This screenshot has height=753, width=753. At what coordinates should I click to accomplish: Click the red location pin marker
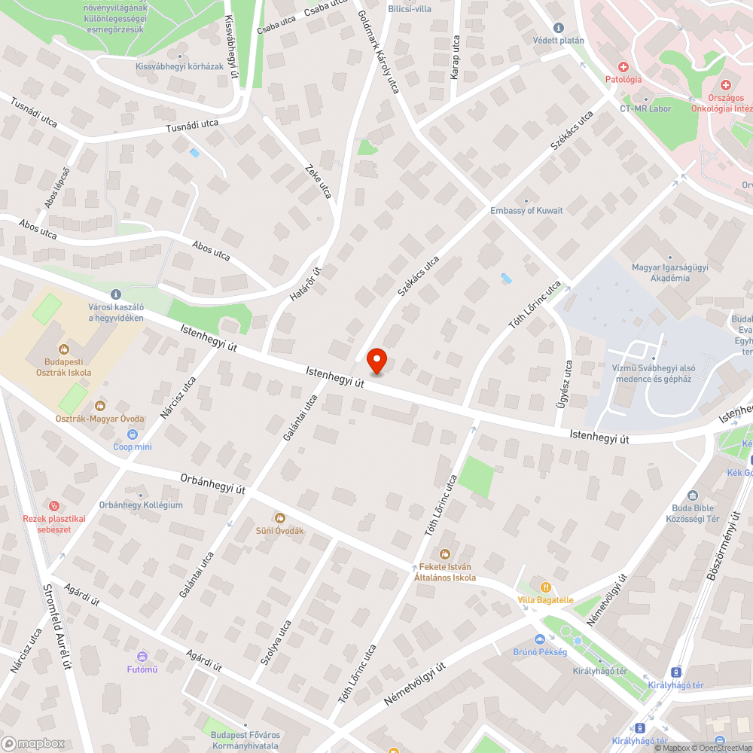[376, 361]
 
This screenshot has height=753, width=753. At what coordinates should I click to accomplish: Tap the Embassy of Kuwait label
[526, 210]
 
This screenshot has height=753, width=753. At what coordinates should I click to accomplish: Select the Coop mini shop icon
[133, 434]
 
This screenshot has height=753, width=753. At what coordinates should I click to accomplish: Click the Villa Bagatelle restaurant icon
[546, 587]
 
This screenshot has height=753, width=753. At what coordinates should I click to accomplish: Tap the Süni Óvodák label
[279, 530]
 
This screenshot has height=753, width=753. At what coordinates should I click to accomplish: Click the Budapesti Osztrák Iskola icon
[63, 349]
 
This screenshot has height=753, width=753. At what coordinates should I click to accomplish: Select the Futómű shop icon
[142, 657]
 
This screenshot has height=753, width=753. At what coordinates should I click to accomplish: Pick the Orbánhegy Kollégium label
[141, 505]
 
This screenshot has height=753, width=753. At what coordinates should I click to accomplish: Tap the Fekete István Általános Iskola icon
[445, 555]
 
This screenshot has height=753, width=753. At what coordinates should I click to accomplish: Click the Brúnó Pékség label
[540, 651]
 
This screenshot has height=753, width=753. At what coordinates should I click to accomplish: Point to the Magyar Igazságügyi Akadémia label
[660, 273]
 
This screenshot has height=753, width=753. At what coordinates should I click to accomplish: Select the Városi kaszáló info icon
[115, 294]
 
